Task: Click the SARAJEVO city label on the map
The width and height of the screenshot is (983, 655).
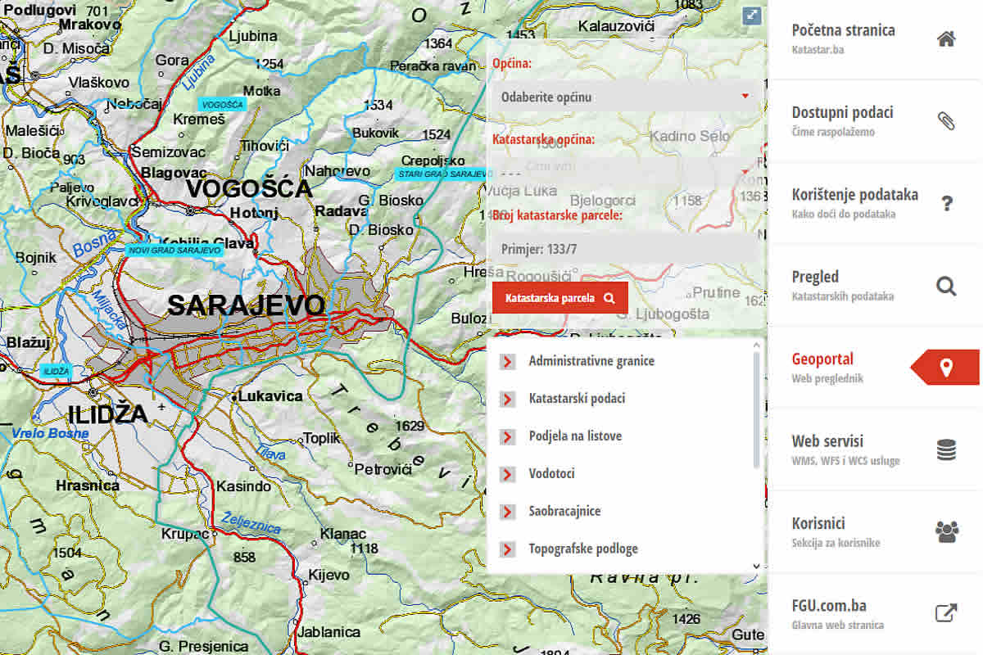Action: tap(246, 306)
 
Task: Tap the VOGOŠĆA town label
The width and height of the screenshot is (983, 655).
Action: tap(249, 189)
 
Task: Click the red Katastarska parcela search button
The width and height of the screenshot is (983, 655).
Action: tap(560, 298)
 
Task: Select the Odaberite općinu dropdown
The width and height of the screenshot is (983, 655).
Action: tap(624, 97)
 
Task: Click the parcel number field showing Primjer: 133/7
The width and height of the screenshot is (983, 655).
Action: tap(624, 249)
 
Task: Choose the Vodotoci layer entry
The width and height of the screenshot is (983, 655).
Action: tap(551, 474)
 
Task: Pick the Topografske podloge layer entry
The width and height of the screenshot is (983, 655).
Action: tap(582, 549)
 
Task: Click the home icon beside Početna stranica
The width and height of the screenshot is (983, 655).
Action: tap(946, 38)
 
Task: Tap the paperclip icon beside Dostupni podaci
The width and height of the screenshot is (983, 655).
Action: tap(946, 121)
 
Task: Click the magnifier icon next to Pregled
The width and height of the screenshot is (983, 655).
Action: tap(946, 286)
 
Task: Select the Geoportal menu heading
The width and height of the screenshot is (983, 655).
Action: tap(822, 359)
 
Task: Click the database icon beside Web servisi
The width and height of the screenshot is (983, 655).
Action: tap(946, 450)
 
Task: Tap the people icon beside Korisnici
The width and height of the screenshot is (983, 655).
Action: tap(946, 532)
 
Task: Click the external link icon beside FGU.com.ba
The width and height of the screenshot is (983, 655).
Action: tap(946, 613)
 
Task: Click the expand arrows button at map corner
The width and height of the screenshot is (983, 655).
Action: tap(751, 16)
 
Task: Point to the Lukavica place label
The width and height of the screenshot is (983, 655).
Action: tap(270, 396)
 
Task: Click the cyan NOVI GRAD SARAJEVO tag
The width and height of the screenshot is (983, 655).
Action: tap(174, 250)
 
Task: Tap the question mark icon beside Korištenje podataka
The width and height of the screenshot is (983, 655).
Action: tap(946, 204)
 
